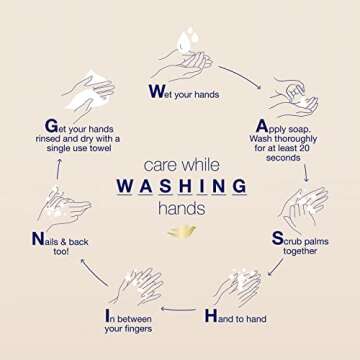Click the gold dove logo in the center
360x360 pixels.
[182, 232]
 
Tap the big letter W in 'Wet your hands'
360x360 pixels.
[156, 91]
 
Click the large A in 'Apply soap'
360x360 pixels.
[262, 126]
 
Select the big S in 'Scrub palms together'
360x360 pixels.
[278, 238]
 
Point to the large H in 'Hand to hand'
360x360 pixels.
[211, 315]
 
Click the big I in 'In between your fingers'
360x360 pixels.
[107, 316]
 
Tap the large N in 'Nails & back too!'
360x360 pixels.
[38, 239]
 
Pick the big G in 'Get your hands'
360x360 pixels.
[51, 126]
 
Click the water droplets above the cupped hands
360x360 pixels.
[188, 39]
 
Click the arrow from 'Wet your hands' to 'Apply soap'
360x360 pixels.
[240, 77]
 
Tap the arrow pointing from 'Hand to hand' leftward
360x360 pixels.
[178, 309]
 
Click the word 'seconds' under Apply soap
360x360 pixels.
[283, 158]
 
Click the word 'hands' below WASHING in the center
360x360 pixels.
[182, 209]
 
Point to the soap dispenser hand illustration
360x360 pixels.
[293, 97]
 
